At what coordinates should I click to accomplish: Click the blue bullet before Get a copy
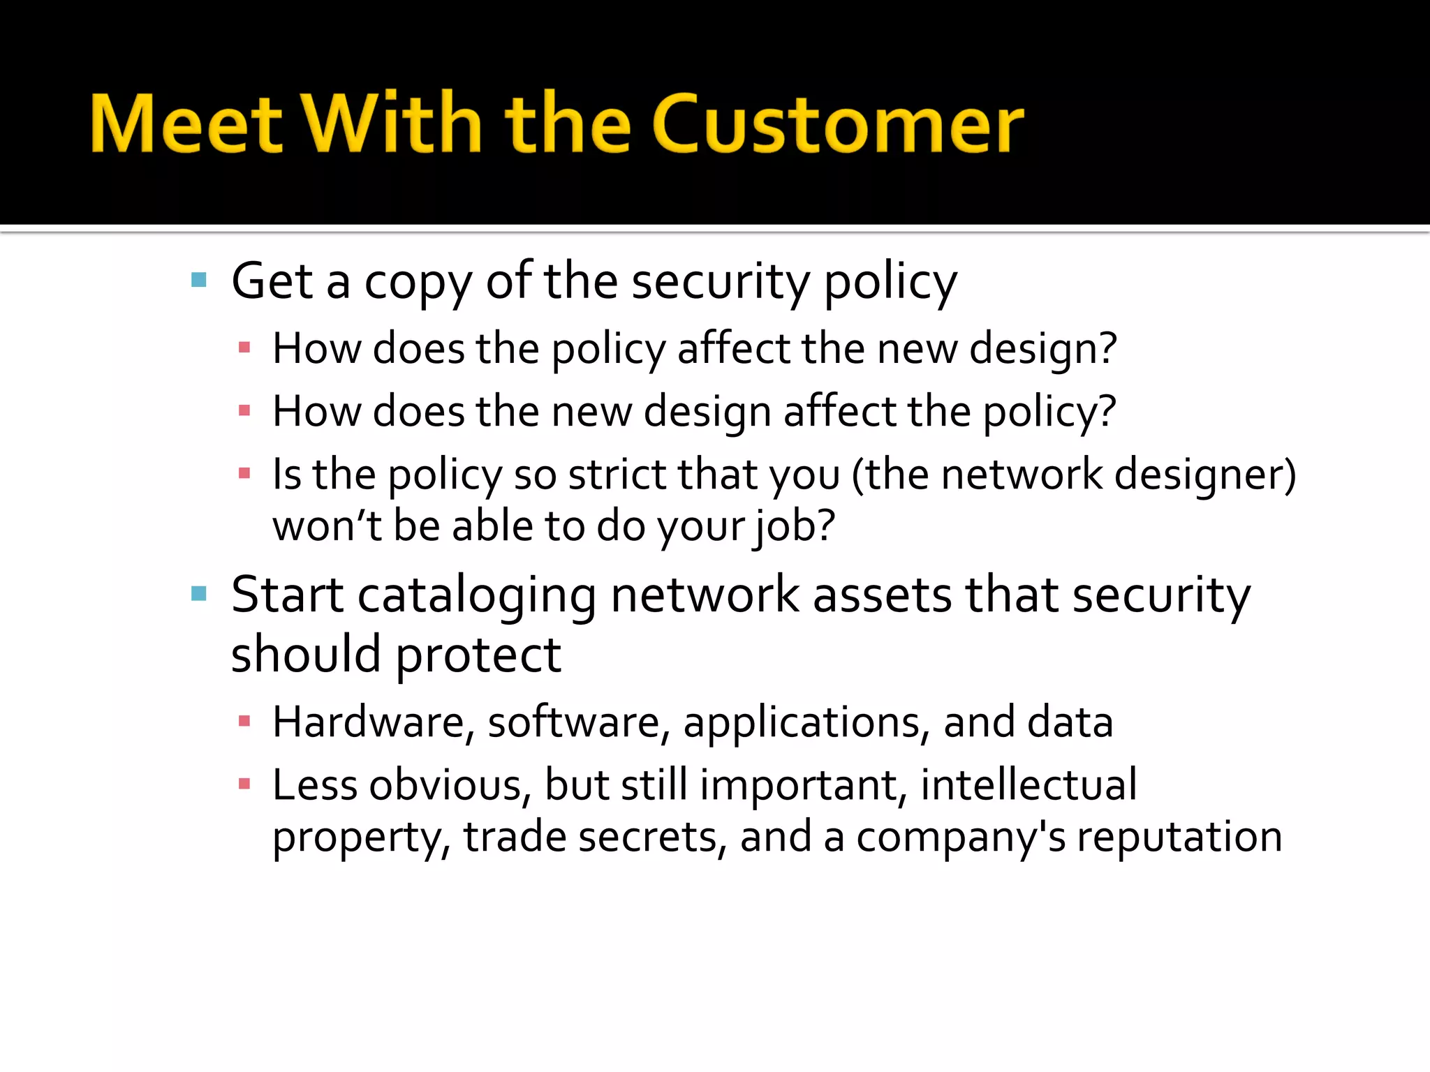point(199,281)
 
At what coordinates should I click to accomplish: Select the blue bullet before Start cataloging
point(199,594)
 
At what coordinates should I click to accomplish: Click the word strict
point(617,475)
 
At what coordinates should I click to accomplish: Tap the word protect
point(478,656)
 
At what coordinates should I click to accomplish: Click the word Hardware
point(368,722)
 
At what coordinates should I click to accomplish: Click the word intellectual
point(1029,784)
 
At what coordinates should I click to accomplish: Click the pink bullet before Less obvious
point(244,784)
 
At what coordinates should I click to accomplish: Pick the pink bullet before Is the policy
point(244,475)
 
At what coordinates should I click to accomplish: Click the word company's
point(961,837)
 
